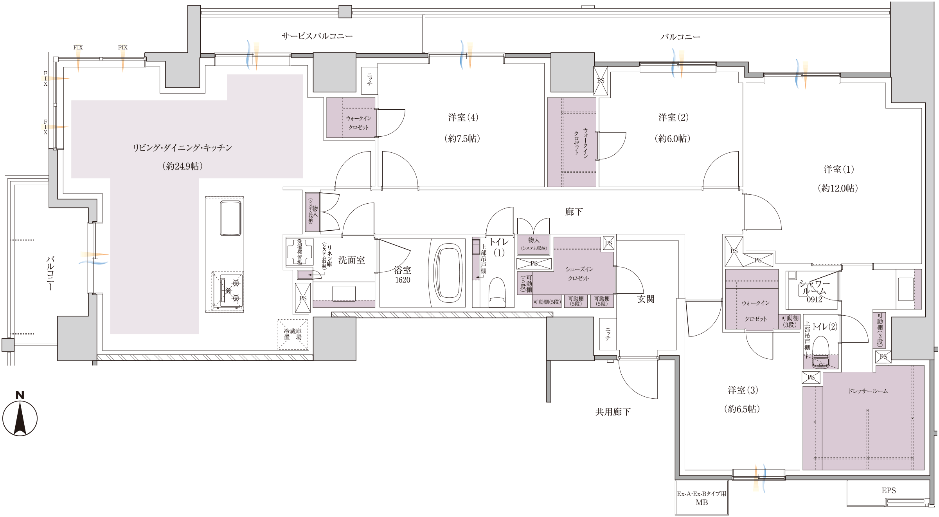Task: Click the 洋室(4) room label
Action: click(463, 117)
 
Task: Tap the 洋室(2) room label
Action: click(673, 117)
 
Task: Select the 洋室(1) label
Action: click(839, 170)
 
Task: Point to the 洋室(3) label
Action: click(743, 390)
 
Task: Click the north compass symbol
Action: click(20, 414)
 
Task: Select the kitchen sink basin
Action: click(230, 218)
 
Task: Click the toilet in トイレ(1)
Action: click(497, 292)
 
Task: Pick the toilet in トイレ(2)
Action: click(821, 352)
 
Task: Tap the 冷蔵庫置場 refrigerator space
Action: click(293, 334)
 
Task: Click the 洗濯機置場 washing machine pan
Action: click(300, 252)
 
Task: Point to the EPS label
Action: click(889, 490)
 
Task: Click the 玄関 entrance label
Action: click(646, 299)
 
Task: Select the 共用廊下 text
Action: click(613, 412)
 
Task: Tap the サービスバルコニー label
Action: click(317, 36)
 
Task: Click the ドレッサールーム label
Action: click(868, 391)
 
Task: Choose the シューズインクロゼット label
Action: click(579, 274)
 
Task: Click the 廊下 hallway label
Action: click(574, 212)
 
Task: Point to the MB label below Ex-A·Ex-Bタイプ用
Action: click(702, 503)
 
